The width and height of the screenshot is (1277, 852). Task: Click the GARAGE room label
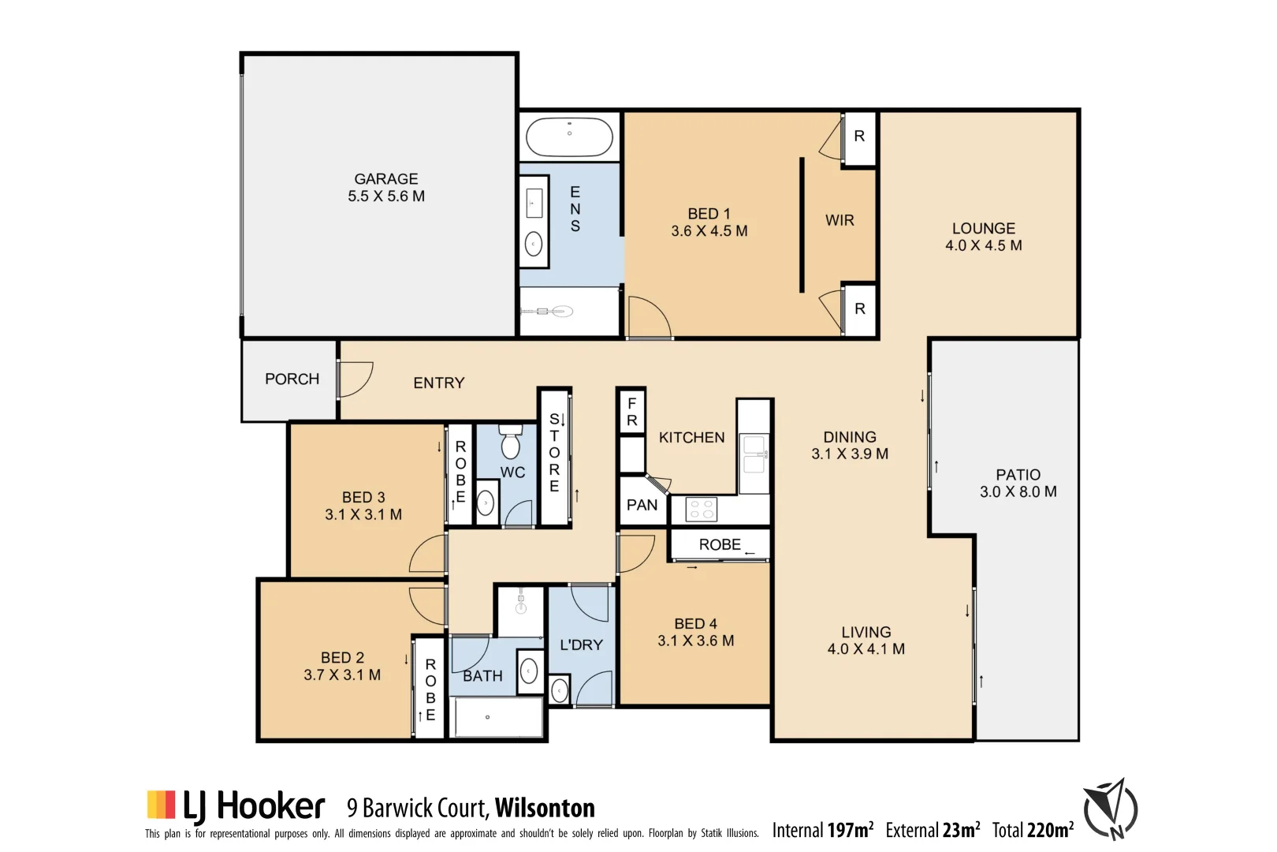point(385,179)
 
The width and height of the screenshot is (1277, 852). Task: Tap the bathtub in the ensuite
point(569,136)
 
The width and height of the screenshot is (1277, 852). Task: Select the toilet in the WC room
point(511,443)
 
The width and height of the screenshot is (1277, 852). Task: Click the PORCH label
point(292,379)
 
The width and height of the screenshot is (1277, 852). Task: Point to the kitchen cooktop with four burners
point(702,509)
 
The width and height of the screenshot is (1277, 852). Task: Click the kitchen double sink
point(754,454)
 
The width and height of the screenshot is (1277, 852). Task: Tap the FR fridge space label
point(631,412)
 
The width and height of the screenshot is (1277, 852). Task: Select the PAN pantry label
point(642,505)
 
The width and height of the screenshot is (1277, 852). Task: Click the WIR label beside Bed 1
point(840,220)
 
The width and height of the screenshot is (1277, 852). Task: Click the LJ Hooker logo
point(236,805)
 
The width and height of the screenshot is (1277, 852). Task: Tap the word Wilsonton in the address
point(545,808)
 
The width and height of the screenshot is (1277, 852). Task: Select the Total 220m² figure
point(1033,830)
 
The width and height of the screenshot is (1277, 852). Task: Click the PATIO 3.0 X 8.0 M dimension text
point(1018,492)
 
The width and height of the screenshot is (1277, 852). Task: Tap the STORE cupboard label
point(554,453)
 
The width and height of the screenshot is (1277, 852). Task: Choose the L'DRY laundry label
point(581,645)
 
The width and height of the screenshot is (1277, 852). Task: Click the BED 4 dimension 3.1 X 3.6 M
point(695,641)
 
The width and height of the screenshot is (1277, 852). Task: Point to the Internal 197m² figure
point(822,830)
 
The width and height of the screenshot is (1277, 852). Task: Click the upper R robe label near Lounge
point(859,136)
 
